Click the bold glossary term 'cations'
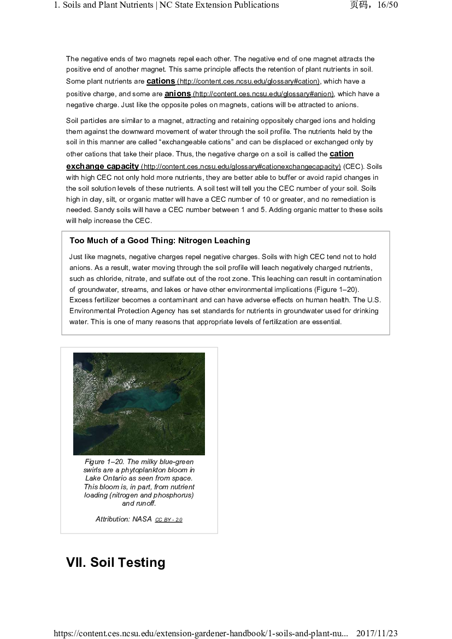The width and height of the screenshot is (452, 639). (161, 81)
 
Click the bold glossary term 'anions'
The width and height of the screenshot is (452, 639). (178, 93)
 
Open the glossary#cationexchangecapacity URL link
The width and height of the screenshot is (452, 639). (241, 167)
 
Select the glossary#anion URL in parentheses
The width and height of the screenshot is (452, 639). (263, 94)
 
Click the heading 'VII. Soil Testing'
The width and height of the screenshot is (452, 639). (115, 562)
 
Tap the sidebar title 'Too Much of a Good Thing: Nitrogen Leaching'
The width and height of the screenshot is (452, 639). (160, 241)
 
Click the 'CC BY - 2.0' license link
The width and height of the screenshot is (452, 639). (168, 520)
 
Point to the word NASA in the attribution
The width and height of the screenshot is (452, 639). (142, 519)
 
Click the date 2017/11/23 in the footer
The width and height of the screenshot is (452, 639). (377, 634)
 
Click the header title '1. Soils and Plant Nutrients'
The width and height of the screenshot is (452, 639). (104, 5)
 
